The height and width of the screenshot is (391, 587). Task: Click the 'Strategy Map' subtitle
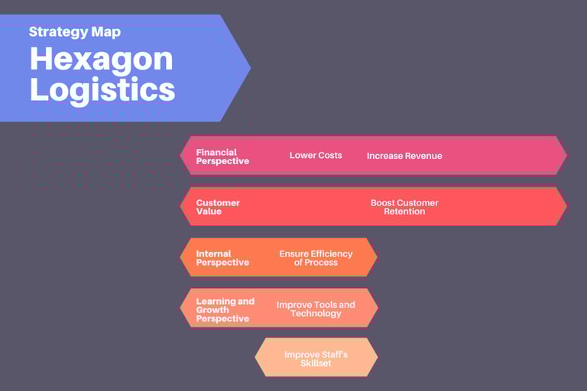(75, 32)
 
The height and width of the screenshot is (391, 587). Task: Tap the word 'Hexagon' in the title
(101, 60)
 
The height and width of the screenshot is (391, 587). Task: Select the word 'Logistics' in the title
(102, 89)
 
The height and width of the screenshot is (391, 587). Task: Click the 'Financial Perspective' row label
(222, 157)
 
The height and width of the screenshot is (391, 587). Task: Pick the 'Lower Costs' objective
(316, 155)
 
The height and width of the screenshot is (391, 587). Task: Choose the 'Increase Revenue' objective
(404, 156)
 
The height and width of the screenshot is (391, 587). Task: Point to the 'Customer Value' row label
(218, 207)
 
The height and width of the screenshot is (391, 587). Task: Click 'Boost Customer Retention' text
(404, 207)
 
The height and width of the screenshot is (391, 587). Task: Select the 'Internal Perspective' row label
(222, 258)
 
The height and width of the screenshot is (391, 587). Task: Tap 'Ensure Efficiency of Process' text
(316, 258)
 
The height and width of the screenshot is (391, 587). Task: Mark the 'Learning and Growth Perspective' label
(225, 310)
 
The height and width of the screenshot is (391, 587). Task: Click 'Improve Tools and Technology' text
(316, 309)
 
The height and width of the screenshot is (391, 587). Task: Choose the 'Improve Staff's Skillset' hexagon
(316, 358)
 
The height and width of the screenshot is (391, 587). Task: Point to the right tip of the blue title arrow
(248, 67)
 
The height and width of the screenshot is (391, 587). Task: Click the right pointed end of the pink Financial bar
(564, 155)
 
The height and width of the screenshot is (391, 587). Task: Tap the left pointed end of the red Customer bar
(183, 206)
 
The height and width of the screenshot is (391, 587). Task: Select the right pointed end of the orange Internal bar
(375, 257)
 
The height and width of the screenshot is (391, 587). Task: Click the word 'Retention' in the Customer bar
(404, 212)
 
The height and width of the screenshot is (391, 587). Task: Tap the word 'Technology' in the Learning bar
(316, 313)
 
